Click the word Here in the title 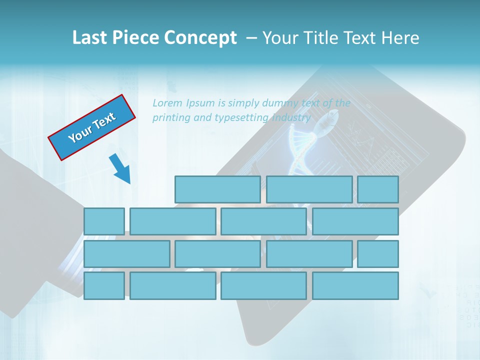(x=400, y=38)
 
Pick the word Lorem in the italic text (x=167, y=103)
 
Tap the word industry (x=291, y=118)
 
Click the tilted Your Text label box (x=92, y=127)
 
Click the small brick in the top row (x=378, y=189)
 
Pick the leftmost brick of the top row (x=217, y=189)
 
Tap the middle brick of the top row (x=309, y=189)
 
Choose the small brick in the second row (x=104, y=221)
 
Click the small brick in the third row (x=378, y=254)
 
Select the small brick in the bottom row (x=104, y=286)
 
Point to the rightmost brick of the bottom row (x=355, y=286)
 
